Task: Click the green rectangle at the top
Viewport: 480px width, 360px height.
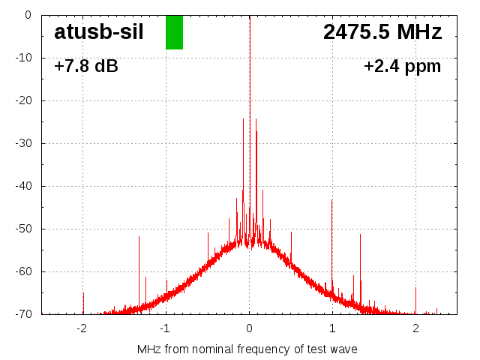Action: tap(174, 32)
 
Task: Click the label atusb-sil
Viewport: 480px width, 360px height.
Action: tap(99, 32)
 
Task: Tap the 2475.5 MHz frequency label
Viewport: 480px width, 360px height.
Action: tap(382, 32)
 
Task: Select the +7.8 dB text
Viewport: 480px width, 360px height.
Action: tap(86, 67)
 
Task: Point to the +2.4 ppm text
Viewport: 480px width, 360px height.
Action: tap(403, 67)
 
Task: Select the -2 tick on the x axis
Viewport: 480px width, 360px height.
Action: tap(82, 328)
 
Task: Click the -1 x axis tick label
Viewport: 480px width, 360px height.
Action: tap(165, 328)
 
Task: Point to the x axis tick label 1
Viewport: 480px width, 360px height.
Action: tap(332, 328)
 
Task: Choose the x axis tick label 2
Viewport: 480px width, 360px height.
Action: tap(415, 328)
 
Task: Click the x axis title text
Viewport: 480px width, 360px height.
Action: tap(247, 349)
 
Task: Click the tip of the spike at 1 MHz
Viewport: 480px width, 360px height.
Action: tap(332, 199)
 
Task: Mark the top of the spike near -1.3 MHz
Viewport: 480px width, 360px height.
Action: tap(139, 236)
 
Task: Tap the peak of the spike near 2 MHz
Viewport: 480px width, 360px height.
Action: tap(416, 286)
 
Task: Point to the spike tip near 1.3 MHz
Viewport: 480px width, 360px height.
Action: tap(361, 235)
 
